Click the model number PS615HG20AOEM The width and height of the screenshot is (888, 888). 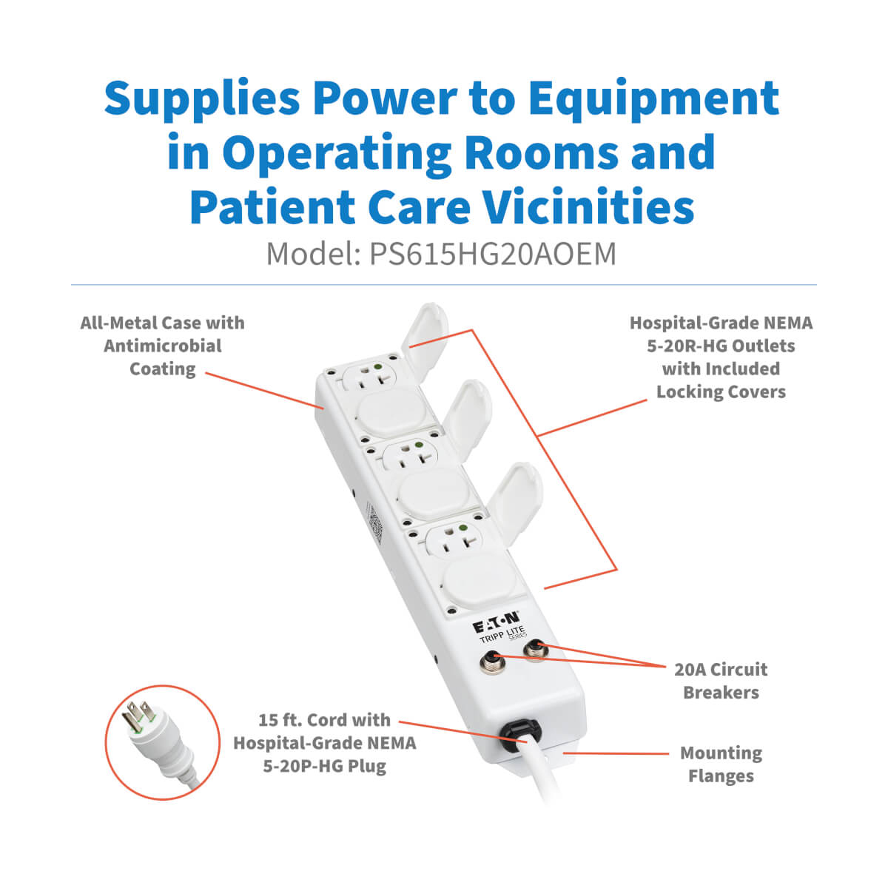pos(493,254)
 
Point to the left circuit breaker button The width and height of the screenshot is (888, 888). pos(493,663)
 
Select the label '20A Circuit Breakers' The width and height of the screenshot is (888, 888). pos(721,681)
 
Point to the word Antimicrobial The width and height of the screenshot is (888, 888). pos(163,346)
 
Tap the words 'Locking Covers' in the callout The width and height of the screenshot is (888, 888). pos(721,392)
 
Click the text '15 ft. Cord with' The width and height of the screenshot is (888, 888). pos(324,720)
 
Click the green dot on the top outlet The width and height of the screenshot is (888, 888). pos(378,367)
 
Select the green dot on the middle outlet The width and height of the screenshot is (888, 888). pos(419,445)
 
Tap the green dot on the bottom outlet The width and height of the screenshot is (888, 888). pos(463,528)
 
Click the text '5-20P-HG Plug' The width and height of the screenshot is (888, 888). pos(324,766)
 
